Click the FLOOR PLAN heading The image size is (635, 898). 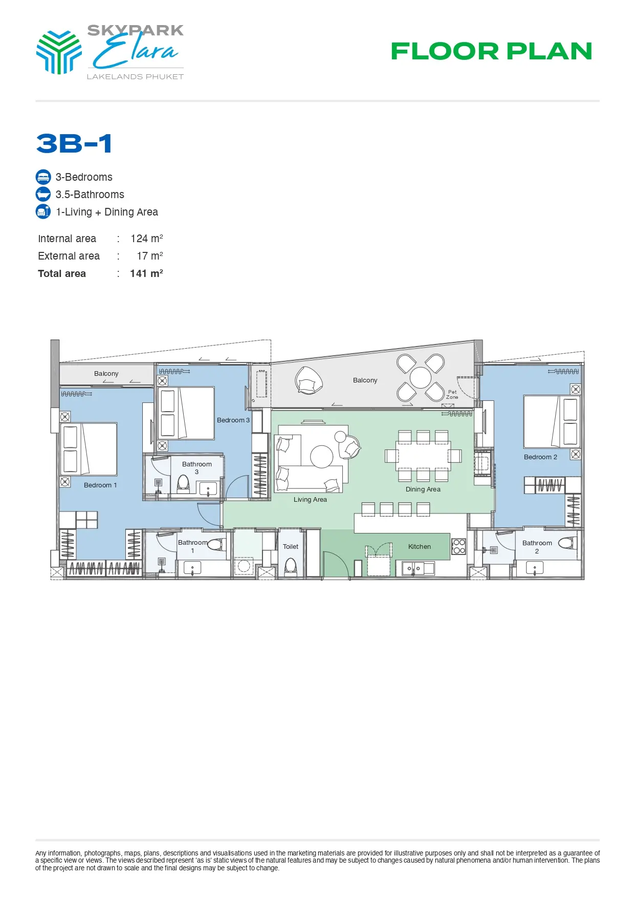click(491, 51)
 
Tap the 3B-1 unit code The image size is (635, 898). click(74, 143)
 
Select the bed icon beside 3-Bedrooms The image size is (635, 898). click(43, 177)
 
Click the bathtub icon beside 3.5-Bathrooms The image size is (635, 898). click(43, 195)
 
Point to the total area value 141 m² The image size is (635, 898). click(146, 273)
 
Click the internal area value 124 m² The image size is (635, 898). click(147, 239)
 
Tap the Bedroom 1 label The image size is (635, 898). click(100, 485)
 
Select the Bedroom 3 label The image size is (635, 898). click(233, 420)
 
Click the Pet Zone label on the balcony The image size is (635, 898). click(452, 395)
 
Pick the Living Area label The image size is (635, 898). click(310, 500)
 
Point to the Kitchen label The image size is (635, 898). click(420, 547)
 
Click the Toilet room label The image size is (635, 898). click(291, 547)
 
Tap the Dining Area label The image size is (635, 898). click(423, 489)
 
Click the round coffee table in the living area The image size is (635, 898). click(322, 457)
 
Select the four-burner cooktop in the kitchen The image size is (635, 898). click(459, 547)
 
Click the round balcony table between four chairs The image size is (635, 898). click(421, 378)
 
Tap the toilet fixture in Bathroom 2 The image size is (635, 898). click(567, 543)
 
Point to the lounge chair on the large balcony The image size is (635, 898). click(309, 381)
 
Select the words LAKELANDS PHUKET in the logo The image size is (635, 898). click(135, 77)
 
